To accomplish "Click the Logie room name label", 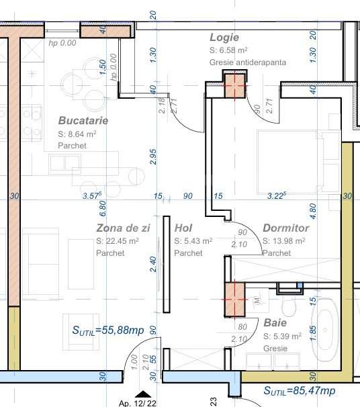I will [x=224, y=38].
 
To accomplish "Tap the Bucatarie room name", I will [x=83, y=121].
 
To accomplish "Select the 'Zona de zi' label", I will [x=123, y=228].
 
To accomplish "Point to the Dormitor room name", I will [x=285, y=228].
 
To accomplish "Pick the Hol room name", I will [x=183, y=228].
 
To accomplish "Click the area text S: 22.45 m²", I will [x=118, y=241].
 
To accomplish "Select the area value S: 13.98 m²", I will [x=283, y=241].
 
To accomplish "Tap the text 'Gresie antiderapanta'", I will [x=248, y=62].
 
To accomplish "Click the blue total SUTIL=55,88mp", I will [x=109, y=330].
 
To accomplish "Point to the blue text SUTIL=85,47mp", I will [x=299, y=391].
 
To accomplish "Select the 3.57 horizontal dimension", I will [x=91, y=196].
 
